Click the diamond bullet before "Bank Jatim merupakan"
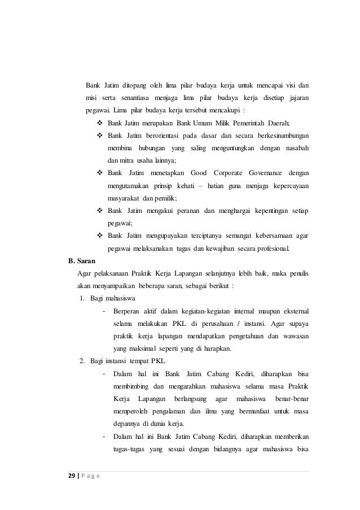tap(100, 123)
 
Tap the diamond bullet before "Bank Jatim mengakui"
tap(100, 210)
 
